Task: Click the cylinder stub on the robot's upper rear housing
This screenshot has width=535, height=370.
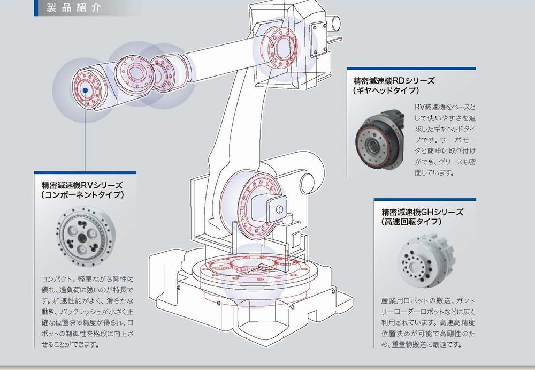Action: (334, 22)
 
